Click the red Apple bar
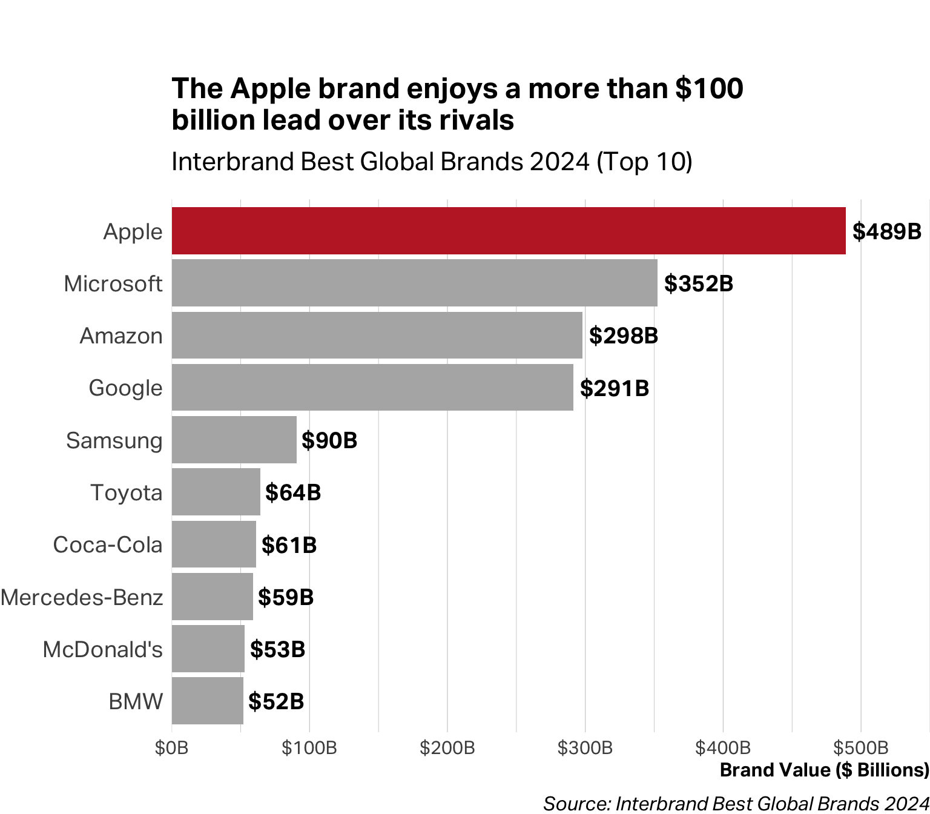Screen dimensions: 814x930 509,231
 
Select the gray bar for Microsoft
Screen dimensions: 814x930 414,283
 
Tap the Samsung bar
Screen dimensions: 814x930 234,440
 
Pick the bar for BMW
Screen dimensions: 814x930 207,701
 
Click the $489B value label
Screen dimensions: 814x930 886,231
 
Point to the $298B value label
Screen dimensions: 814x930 623,336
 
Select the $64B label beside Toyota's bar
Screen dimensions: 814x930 293,492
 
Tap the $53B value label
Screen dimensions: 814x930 277,649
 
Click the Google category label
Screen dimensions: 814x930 125,388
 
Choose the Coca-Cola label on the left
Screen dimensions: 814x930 108,544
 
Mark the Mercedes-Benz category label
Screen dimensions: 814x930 82,597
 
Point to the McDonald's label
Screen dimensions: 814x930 102,649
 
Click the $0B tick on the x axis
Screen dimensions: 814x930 172,748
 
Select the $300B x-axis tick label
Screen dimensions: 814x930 585,748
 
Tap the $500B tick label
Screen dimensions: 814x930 860,748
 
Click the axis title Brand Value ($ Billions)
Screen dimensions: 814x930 824,770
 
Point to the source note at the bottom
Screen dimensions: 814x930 736,803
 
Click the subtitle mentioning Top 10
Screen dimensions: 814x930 432,162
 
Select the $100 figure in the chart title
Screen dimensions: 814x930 709,88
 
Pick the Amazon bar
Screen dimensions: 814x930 377,336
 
